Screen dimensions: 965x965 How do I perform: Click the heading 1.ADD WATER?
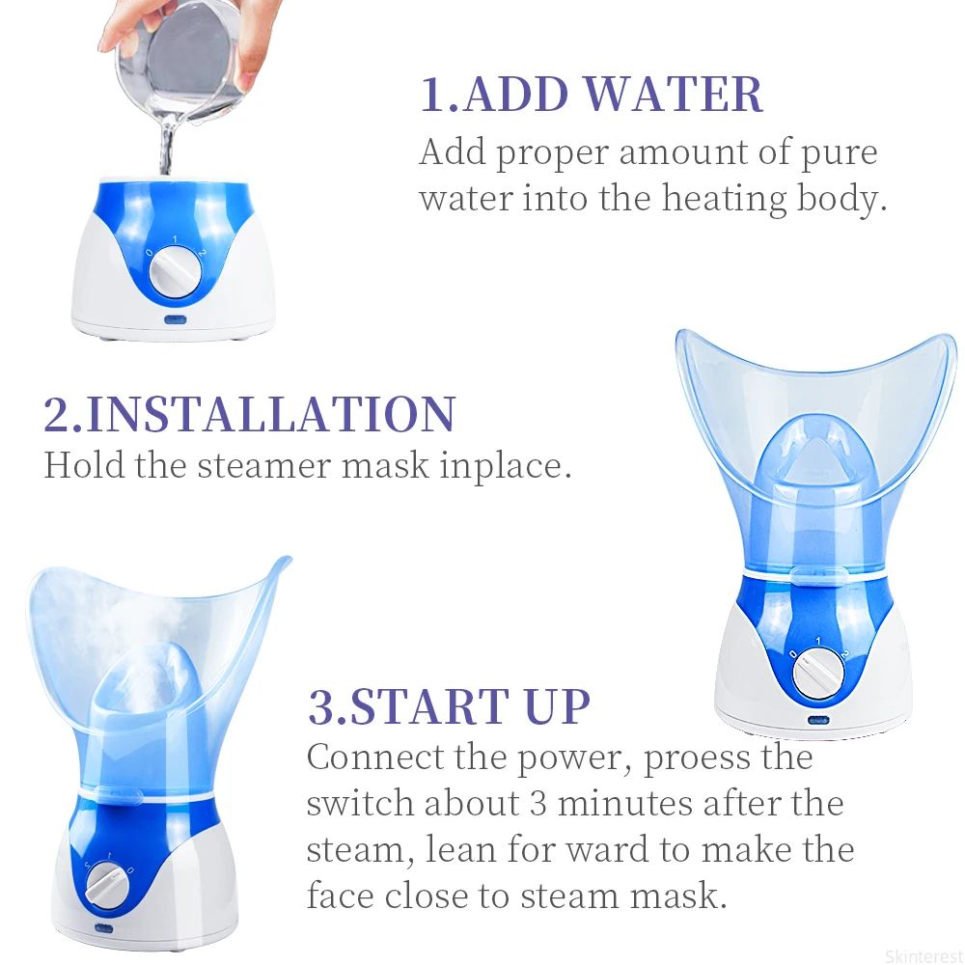[x=591, y=95]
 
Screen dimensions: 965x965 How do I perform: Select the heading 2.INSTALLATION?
[x=249, y=413]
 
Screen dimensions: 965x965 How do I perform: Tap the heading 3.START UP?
[x=449, y=706]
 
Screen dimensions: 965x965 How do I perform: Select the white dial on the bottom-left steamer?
[x=109, y=881]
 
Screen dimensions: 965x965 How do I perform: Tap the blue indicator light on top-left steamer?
[x=175, y=319]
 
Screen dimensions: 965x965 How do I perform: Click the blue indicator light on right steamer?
[x=818, y=719]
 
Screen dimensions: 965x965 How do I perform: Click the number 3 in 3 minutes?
[x=538, y=804]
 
